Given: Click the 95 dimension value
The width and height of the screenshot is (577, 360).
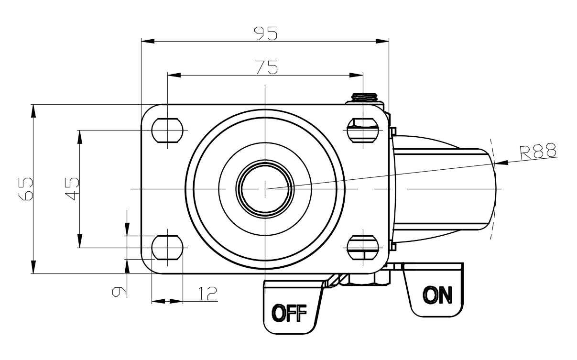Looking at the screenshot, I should (266, 33).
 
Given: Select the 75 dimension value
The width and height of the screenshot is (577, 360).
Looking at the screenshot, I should (266, 67).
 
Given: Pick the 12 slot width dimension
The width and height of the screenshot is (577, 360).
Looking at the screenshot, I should (207, 294).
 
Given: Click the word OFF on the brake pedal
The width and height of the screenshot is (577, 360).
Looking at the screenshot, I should (289, 314).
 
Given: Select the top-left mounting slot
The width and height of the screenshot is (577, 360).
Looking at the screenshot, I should (167, 130).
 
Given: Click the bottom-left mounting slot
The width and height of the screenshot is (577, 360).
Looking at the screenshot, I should (167, 247).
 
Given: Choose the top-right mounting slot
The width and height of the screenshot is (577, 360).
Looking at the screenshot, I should (363, 130).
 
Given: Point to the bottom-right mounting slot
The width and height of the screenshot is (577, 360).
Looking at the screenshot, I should (363, 247).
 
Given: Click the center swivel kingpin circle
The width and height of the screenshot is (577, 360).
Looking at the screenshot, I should (264, 188).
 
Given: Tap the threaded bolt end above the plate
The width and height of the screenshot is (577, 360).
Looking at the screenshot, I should (366, 98).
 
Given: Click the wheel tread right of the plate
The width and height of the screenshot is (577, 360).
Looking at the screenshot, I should (442, 188).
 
